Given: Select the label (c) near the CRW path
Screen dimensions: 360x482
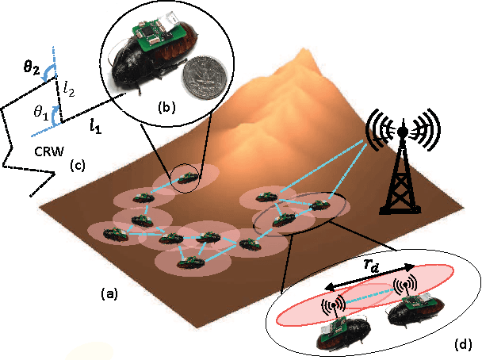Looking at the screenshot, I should [77, 166].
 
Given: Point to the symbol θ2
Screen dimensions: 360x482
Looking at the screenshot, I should [31, 68].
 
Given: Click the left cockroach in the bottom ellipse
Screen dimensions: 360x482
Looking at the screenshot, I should [339, 331].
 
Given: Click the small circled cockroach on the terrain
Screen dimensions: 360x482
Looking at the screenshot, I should [189, 178].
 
